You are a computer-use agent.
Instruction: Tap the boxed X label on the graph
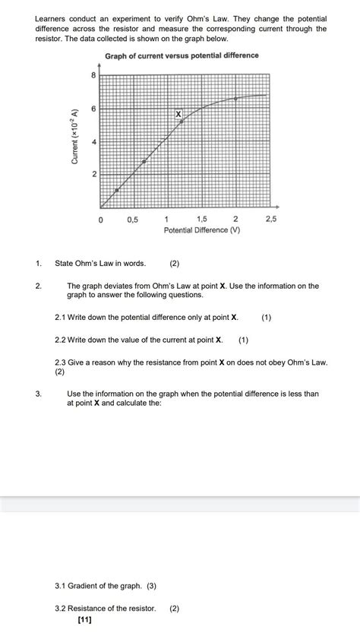tap(179, 113)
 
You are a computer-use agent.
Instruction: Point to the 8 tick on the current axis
tap(93, 75)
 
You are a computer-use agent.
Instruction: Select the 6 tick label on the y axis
tap(93, 109)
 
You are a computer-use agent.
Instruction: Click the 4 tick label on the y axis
tap(93, 142)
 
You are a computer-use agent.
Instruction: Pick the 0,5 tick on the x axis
tap(133, 219)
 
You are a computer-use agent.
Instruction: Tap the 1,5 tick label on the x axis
tap(201, 219)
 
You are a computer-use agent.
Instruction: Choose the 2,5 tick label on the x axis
tap(270, 219)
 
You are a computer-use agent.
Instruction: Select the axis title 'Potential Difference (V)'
tap(201, 229)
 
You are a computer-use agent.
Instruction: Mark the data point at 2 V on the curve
tap(235, 99)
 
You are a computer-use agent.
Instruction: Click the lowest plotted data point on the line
tap(116, 190)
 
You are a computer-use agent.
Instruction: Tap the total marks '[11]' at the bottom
tap(85, 620)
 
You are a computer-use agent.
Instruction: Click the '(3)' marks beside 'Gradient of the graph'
tap(152, 587)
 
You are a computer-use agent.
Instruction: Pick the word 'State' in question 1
tap(65, 264)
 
